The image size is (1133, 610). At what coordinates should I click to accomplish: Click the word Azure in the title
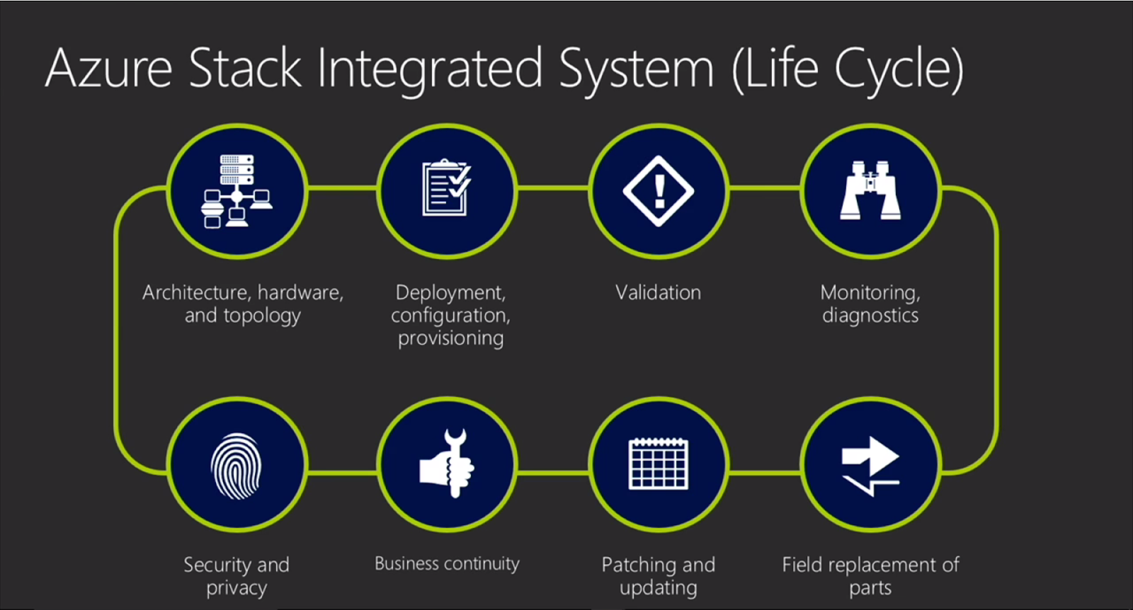(108, 69)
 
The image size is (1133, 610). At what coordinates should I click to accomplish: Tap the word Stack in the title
(245, 69)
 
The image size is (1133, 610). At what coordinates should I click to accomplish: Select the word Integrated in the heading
(430, 70)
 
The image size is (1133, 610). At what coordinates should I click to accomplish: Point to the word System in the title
(636, 70)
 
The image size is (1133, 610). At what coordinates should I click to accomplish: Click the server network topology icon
(237, 191)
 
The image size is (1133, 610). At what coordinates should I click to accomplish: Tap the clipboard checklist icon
(447, 188)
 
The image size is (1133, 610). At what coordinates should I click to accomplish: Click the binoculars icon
(870, 190)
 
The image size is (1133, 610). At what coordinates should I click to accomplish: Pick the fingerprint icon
(237, 466)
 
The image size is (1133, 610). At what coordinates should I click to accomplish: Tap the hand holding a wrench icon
(447, 464)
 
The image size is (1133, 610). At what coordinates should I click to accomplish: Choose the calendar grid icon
(659, 464)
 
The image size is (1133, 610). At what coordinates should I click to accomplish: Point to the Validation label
(658, 292)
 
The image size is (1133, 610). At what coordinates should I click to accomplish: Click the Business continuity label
(447, 563)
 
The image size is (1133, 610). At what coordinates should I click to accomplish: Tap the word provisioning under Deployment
(450, 338)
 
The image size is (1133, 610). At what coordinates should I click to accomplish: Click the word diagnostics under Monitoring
(870, 316)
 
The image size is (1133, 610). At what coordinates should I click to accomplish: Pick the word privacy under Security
(237, 588)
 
